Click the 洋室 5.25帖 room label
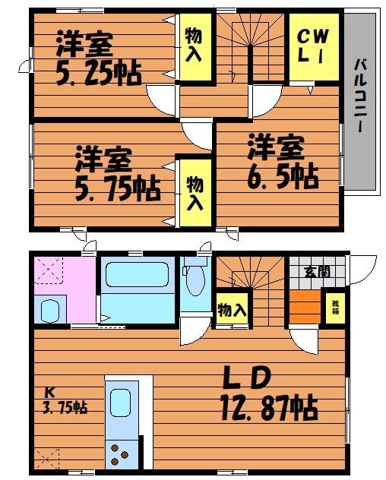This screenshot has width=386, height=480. coord(99,58)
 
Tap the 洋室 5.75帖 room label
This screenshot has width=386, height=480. coord(118,174)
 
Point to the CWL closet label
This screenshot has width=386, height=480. coord(313,46)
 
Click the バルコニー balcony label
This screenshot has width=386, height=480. coord(361,95)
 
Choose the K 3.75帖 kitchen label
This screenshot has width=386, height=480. coord(65,400)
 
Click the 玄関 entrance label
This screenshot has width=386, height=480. coord(317,272)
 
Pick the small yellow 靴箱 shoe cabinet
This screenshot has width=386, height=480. coord(335,308)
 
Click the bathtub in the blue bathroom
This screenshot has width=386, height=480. coord(138,275)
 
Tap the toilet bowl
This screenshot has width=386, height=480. coord(195,280)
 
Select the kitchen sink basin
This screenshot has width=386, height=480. coord(121,403)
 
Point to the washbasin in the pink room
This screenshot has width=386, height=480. coord(49,311)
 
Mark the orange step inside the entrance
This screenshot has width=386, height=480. coord(305,307)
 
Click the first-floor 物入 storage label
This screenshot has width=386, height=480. coord(232,309)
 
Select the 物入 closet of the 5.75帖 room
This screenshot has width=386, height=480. coord(195,193)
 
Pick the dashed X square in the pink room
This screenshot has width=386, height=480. coord(49,270)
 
